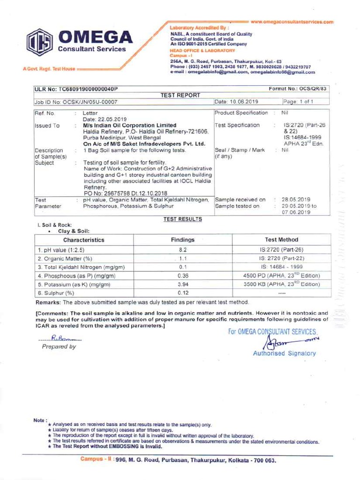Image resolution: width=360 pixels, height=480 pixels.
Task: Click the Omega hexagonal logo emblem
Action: tap(39, 43)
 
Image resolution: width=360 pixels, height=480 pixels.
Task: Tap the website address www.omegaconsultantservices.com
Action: tap(292, 22)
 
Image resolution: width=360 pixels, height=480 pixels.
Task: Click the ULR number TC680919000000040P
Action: tap(76, 89)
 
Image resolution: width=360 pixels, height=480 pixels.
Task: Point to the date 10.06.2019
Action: tap(242, 101)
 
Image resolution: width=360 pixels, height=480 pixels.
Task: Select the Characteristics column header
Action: tap(84, 240)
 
